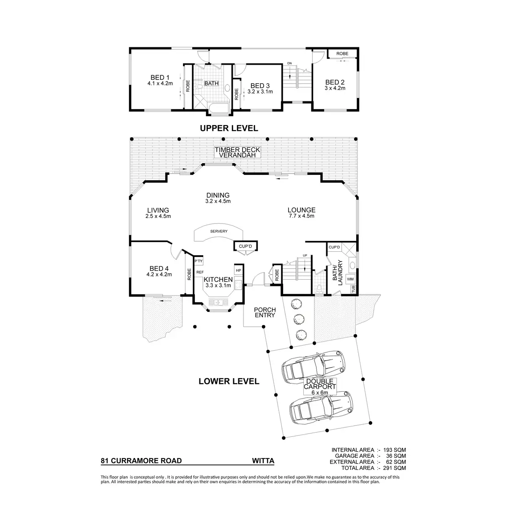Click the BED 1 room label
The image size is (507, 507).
(x=160, y=78)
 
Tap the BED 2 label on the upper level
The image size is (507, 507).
(x=335, y=82)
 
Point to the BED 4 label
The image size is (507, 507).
(x=159, y=269)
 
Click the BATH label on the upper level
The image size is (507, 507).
(x=211, y=83)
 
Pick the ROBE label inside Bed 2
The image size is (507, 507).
(x=342, y=54)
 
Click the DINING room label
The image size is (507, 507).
(x=218, y=196)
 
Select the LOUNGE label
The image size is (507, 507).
(x=301, y=210)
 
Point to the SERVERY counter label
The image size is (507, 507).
(x=218, y=231)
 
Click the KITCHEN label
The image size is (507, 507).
(x=218, y=280)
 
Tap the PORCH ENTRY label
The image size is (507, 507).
(x=265, y=312)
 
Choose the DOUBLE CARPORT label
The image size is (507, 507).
(x=320, y=384)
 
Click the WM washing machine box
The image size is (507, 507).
(x=350, y=279)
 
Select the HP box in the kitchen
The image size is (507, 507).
(x=238, y=270)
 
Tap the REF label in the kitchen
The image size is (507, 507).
(x=200, y=272)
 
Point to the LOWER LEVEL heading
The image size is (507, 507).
(x=229, y=382)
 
